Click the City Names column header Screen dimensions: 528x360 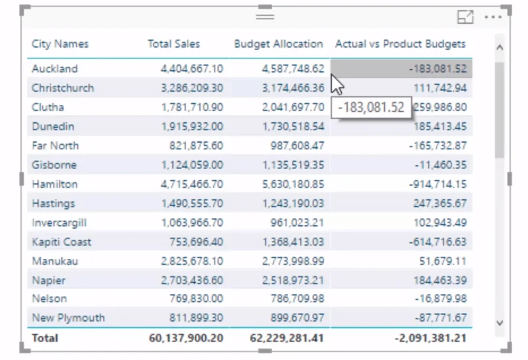60,44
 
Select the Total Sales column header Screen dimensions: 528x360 174,44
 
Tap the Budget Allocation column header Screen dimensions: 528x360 279,44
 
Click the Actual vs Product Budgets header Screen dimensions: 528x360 401,44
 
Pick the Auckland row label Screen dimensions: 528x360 55,69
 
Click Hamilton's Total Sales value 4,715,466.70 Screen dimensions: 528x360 192,184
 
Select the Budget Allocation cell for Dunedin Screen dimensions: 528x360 293,127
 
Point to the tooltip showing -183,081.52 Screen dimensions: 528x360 371,108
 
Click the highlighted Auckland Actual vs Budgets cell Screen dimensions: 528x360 401,69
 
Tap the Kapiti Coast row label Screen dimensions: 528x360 61,242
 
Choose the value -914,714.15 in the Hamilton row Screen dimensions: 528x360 438,184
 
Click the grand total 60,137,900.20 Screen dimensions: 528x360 186,338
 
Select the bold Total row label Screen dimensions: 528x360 45,338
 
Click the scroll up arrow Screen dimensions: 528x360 500,48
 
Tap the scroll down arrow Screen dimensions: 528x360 500,323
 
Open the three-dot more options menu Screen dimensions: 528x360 493,17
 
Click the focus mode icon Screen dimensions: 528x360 465,17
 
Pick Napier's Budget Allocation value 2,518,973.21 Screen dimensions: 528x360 293,281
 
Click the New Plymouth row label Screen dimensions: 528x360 68,318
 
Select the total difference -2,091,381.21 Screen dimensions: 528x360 431,338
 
